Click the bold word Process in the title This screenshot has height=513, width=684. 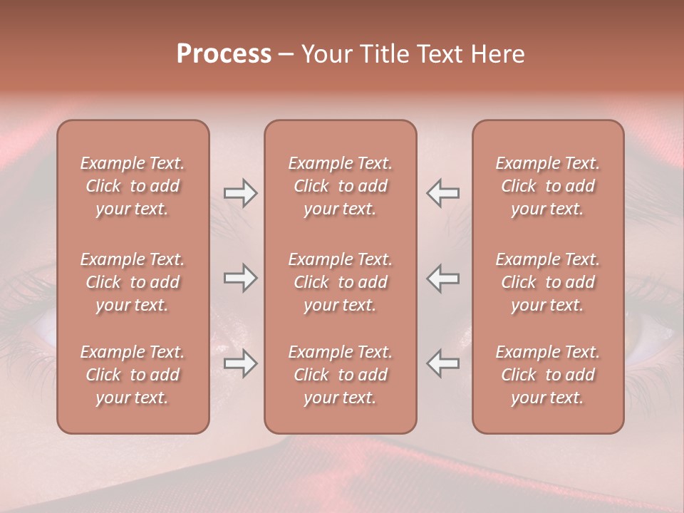(224, 54)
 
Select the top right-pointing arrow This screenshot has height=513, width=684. (241, 193)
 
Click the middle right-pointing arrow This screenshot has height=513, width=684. (241, 278)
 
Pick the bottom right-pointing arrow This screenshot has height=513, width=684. (241, 363)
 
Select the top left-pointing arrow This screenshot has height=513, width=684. (442, 193)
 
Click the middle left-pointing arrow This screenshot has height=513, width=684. (442, 278)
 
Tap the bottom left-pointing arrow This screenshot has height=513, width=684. (442, 363)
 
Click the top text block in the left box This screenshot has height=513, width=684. (133, 186)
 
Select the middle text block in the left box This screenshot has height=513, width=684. (133, 282)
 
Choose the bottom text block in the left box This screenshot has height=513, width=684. (133, 375)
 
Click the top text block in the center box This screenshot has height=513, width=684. (340, 186)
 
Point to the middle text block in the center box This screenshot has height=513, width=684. (340, 282)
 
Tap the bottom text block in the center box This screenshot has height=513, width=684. (340, 375)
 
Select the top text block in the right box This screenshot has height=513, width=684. (547, 186)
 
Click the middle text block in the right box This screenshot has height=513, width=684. (547, 282)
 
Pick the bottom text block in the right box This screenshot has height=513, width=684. (547, 375)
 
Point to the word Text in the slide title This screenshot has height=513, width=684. (440, 54)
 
